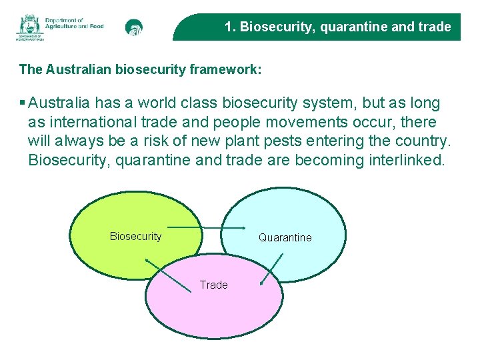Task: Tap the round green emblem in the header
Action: [x=134, y=27]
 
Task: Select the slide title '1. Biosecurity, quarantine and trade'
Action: [x=337, y=27]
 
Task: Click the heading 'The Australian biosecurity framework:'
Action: [x=140, y=69]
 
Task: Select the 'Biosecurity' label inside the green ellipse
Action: [x=135, y=236]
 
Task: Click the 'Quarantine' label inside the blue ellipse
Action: [x=285, y=237]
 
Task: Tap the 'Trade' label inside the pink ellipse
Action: [x=213, y=285]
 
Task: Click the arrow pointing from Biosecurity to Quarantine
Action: [x=206, y=228]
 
